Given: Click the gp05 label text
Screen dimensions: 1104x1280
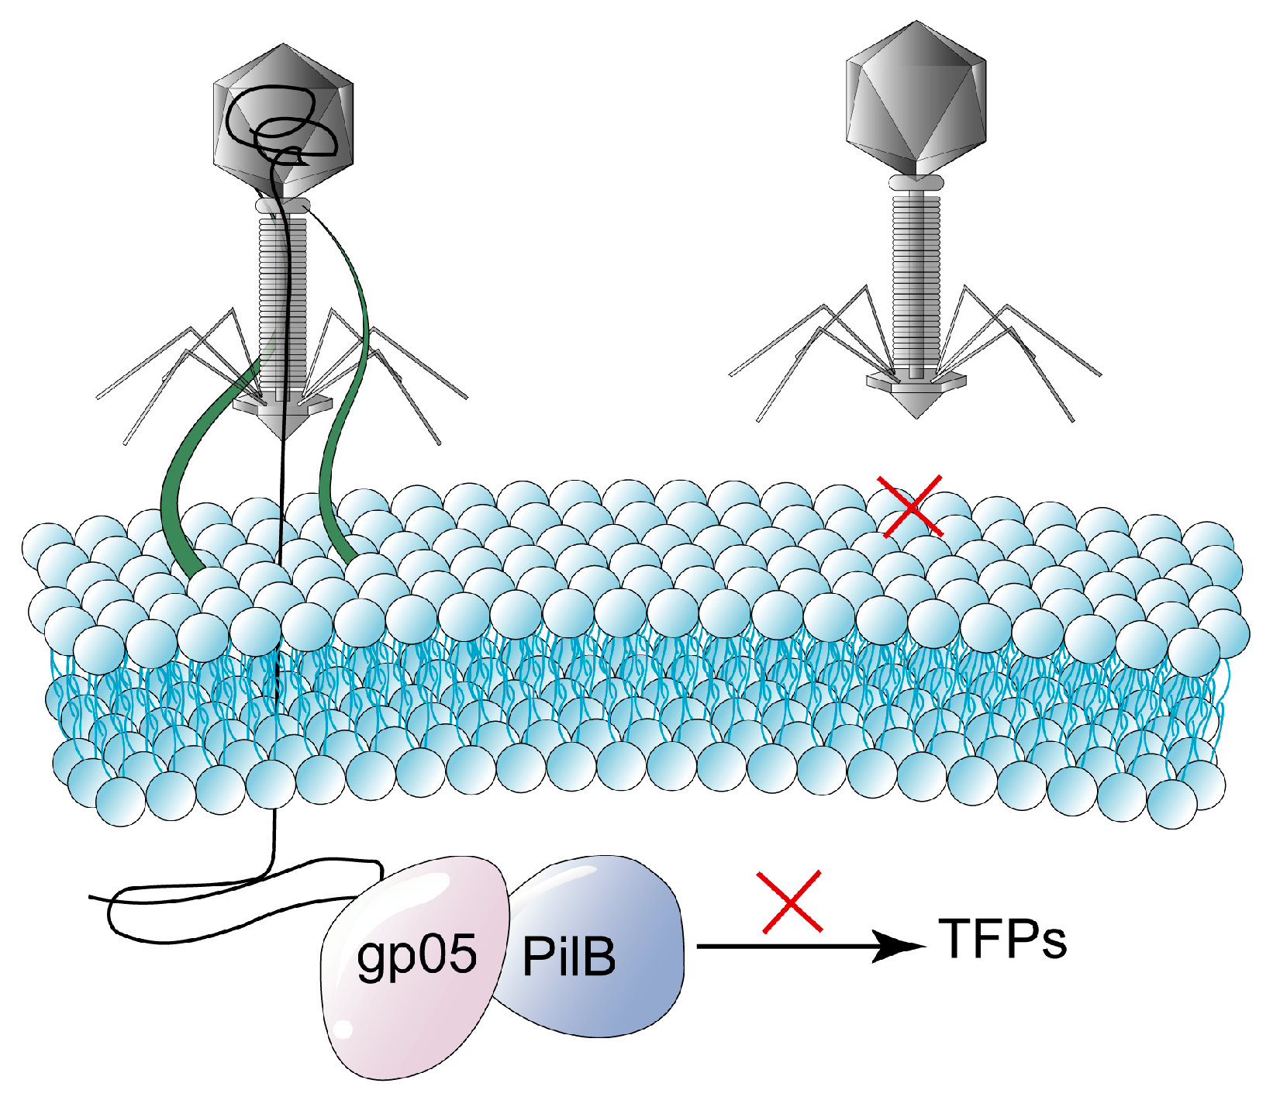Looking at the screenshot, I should [416, 955].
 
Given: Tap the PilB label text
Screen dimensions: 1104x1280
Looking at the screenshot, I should [568, 957].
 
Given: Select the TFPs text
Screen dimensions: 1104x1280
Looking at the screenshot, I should [1002, 940].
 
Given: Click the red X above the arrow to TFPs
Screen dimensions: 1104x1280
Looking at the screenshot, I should [791, 902].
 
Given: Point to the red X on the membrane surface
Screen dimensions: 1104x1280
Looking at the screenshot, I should [910, 506].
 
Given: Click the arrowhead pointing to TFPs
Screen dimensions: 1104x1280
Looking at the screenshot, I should [899, 947].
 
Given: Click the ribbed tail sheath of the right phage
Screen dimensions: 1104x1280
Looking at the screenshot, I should [916, 279].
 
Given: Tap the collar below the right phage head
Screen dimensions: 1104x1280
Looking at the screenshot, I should [916, 183].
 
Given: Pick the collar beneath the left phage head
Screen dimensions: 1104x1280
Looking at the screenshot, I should [283, 205].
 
